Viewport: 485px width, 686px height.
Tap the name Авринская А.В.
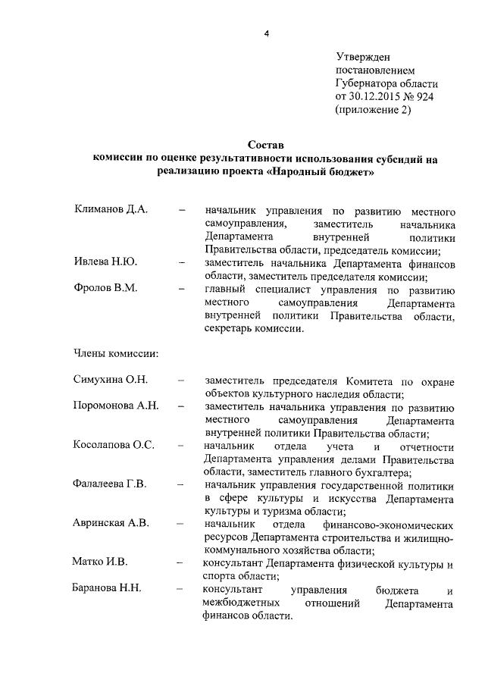coord(111,523)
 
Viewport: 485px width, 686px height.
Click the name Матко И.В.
coord(99,562)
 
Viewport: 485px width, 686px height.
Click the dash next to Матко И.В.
coord(179,562)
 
